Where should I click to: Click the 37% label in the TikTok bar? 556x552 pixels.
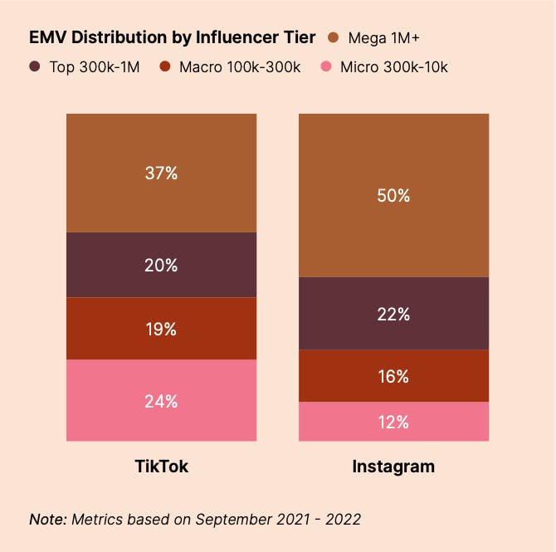click(x=161, y=173)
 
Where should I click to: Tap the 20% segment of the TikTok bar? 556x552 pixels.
click(x=161, y=266)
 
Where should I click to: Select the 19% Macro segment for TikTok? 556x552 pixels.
click(x=161, y=329)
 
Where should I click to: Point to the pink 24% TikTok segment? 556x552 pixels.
click(x=161, y=401)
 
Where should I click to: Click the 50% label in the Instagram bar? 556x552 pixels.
click(x=393, y=196)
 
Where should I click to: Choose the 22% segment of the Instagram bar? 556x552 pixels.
click(x=393, y=314)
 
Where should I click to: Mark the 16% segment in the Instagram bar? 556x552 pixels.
click(x=393, y=376)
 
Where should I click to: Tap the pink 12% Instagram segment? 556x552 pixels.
click(x=393, y=422)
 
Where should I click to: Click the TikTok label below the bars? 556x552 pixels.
click(x=161, y=467)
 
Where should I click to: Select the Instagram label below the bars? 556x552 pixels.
click(x=393, y=467)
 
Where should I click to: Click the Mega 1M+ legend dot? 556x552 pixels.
click(x=333, y=38)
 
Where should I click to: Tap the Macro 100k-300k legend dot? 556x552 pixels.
click(x=164, y=67)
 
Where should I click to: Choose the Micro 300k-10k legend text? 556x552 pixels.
click(x=394, y=67)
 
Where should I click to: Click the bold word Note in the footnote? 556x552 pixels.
click(x=47, y=519)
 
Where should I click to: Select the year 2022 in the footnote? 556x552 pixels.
click(x=343, y=519)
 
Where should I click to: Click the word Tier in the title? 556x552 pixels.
click(x=300, y=38)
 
